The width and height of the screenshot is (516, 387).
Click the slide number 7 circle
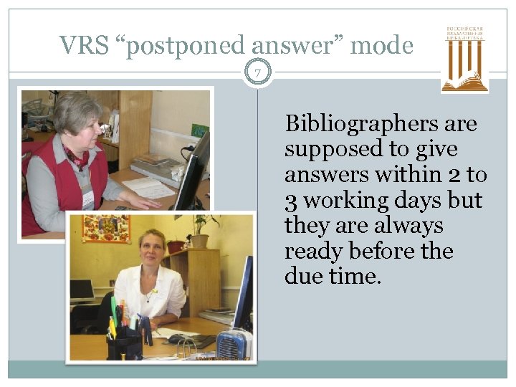click(x=258, y=72)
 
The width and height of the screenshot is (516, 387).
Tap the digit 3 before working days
click(x=291, y=201)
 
